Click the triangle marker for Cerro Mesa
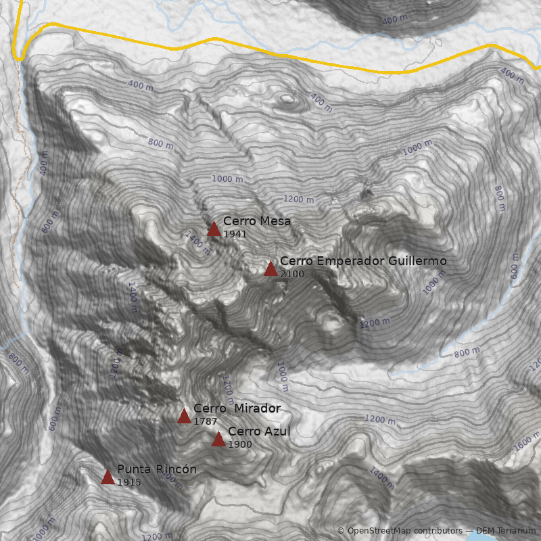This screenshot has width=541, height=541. [214, 229]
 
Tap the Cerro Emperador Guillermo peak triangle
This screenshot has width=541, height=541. [270, 269]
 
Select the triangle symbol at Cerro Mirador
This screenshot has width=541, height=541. [184, 416]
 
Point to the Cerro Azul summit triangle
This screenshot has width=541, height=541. [218, 440]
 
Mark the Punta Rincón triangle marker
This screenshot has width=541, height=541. [108, 477]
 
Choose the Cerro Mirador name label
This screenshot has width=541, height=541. [237, 408]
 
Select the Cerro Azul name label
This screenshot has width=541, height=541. [259, 431]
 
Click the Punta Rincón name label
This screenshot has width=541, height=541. [157, 469]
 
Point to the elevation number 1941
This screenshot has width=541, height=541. [235, 234]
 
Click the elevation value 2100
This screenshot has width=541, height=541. [291, 274]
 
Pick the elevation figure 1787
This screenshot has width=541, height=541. [205, 421]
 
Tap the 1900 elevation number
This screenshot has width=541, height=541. [239, 444]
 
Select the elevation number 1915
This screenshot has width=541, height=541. [128, 482]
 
